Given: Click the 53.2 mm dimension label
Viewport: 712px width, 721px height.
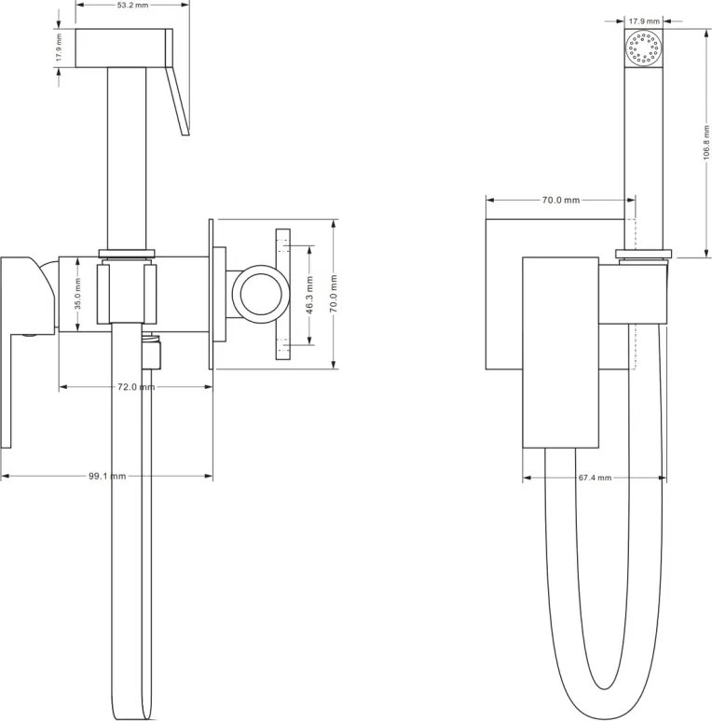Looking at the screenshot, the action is pos(132,6).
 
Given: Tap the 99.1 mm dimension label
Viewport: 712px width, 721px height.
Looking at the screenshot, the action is pos(107,476).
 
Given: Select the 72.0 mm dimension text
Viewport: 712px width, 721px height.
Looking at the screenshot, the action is pos(136,387).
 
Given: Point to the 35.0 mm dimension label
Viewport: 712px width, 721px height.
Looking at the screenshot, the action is pos(77,294).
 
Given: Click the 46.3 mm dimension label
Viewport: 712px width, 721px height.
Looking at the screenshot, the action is pos(309,295).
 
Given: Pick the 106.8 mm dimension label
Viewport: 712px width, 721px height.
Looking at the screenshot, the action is pos(706,143).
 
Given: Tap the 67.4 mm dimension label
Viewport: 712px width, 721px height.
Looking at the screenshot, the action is pos(595,478).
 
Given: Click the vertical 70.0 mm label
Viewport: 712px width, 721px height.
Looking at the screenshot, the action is pos(334,294).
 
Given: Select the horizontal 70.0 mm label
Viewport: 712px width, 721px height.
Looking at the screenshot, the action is pos(561,200).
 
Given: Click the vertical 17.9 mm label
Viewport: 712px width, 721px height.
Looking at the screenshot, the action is pos(59,48).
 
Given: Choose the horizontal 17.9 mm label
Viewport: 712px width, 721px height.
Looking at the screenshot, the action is pos(644,21).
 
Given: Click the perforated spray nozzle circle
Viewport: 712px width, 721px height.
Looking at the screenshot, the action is pos(644,48).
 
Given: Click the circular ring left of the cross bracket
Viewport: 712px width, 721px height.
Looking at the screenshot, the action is pos(260,295).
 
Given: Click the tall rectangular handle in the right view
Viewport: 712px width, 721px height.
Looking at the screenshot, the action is pos(561,353).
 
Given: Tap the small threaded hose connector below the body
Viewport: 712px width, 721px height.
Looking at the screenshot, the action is pos(152,353).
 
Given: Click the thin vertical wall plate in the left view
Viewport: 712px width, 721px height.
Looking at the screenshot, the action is pos(211,294).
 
